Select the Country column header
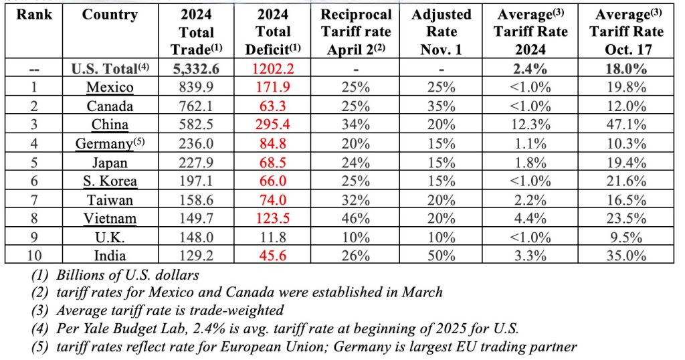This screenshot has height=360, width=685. click(110, 15)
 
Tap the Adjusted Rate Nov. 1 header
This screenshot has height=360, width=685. click(441, 31)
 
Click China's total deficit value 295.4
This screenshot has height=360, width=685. click(272, 124)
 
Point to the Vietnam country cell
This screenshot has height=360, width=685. click(110, 218)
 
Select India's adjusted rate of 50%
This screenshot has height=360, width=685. click(441, 256)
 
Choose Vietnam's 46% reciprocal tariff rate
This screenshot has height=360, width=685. click(356, 218)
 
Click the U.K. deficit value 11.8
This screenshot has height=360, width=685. click(272, 237)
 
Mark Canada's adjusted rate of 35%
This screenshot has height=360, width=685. click(441, 106)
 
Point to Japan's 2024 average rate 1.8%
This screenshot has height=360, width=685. click(530, 162)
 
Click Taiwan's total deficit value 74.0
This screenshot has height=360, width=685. click(272, 199)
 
